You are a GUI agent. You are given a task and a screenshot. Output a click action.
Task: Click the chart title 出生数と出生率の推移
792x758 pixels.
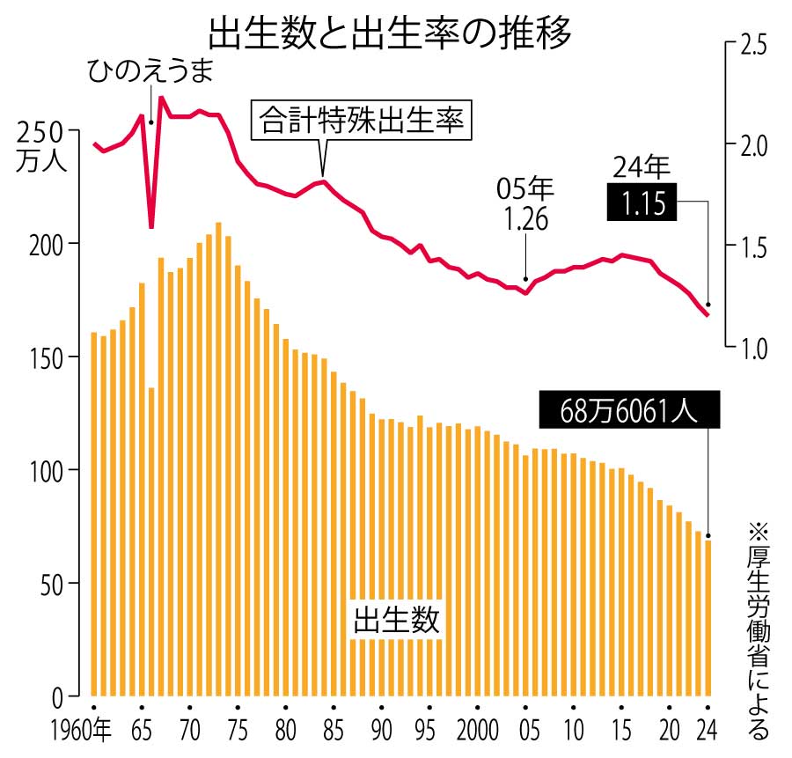pyautogui.click(x=390, y=33)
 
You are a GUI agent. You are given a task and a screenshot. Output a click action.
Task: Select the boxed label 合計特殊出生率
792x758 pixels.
pyautogui.click(x=362, y=121)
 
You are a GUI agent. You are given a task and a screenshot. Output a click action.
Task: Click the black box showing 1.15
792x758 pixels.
pyautogui.click(x=642, y=204)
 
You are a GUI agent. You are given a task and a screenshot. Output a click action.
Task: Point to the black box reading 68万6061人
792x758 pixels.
pyautogui.click(x=629, y=410)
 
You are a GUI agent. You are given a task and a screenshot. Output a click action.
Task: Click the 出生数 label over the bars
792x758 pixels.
pyautogui.click(x=395, y=620)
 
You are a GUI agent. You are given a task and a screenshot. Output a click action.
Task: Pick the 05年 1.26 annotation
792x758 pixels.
pyautogui.click(x=525, y=204)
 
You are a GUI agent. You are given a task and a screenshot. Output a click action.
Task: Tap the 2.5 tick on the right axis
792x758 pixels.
pyautogui.click(x=753, y=43)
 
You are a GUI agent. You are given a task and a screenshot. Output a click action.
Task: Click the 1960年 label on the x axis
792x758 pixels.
pyautogui.click(x=79, y=732)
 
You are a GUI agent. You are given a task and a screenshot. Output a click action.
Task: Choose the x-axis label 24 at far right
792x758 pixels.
pyautogui.click(x=708, y=732)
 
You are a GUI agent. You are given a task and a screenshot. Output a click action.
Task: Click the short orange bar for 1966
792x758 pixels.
pyautogui.click(x=151, y=541)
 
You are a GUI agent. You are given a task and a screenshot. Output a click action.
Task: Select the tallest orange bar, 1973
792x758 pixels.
pyautogui.click(x=218, y=458)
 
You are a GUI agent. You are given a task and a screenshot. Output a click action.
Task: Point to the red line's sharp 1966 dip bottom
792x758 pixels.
pyautogui.click(x=151, y=225)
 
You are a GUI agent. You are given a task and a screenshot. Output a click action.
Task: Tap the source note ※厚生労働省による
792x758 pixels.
pyautogui.click(x=758, y=630)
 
